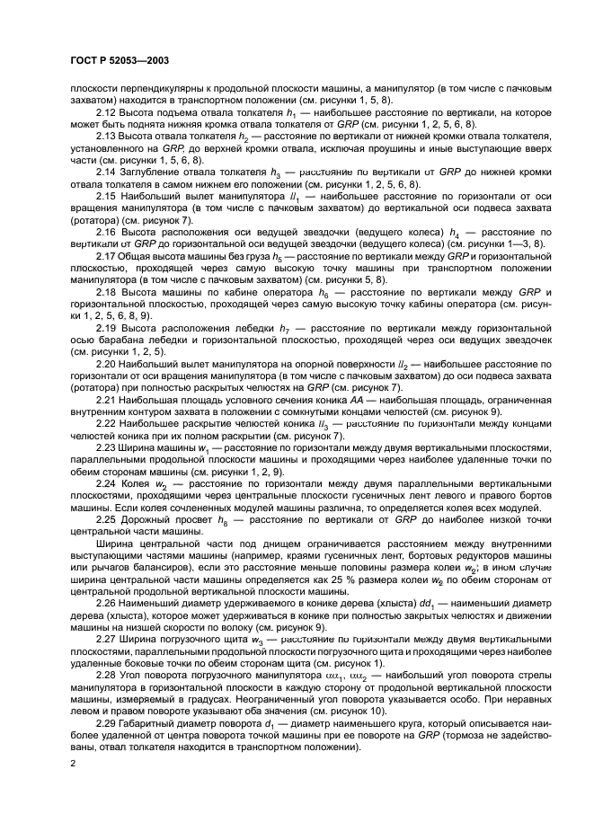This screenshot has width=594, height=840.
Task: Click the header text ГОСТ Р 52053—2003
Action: (x=114, y=61)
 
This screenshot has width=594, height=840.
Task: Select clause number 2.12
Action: (x=107, y=111)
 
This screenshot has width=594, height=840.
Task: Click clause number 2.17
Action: (x=106, y=256)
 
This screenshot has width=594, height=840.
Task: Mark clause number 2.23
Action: (x=107, y=447)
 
